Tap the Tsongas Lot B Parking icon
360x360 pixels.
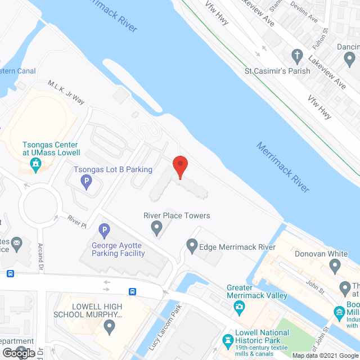(86, 181)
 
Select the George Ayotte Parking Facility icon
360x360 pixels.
(103, 230)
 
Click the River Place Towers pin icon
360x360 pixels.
(157, 227)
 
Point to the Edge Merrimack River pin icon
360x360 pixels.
(192, 245)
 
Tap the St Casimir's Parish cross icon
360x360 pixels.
(297, 56)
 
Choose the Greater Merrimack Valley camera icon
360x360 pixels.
(240, 307)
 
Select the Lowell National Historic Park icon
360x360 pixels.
(228, 340)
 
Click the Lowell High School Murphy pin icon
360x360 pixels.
(111, 326)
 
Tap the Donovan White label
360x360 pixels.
(321, 254)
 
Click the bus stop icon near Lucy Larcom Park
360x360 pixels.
(132, 291)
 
